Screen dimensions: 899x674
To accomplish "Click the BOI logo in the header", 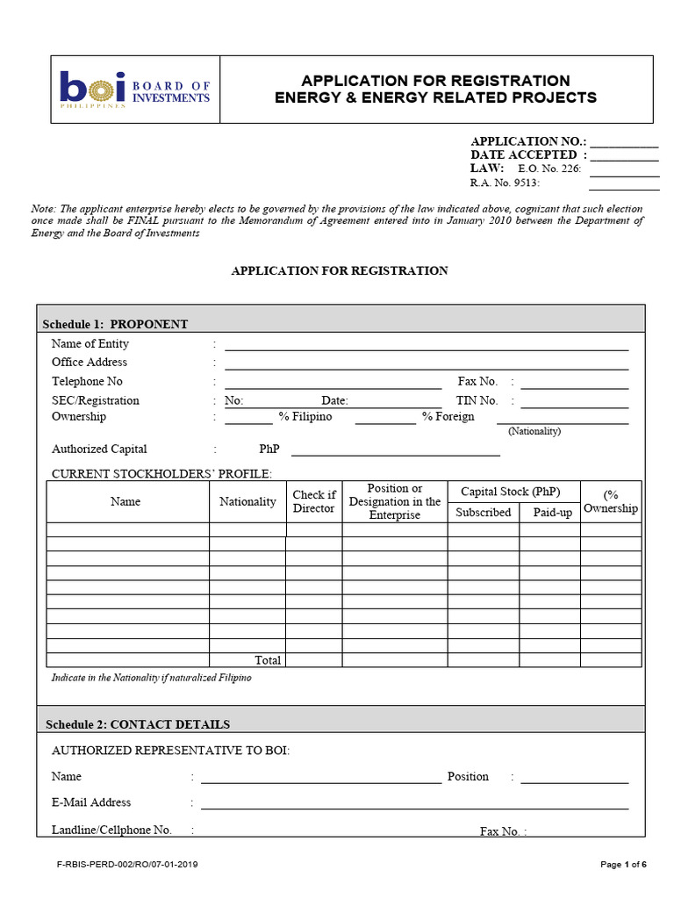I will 134,89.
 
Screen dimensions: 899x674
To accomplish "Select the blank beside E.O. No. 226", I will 624,173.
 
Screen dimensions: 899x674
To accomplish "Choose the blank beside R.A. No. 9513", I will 624,187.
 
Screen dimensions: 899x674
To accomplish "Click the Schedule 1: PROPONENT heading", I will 116,324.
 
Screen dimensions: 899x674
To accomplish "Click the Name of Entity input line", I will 427,347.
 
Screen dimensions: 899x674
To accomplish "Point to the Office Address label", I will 90,362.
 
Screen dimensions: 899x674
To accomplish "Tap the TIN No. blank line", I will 575,405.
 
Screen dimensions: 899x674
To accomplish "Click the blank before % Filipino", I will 248,421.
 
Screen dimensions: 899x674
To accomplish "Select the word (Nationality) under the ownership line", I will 534,431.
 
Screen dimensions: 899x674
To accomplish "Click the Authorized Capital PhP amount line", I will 395,453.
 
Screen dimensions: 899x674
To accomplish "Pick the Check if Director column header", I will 313,501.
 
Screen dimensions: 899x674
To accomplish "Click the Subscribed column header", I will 483,512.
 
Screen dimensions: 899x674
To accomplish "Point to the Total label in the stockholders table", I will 268,660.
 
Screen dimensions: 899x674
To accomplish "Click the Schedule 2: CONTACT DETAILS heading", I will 138,724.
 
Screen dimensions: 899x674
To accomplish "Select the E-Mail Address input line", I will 414,805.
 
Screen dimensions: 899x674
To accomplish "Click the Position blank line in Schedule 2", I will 575,779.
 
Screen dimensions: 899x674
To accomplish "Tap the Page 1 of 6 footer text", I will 623,865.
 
